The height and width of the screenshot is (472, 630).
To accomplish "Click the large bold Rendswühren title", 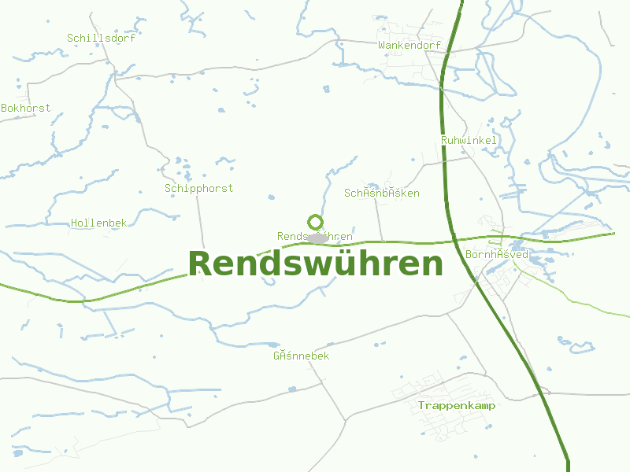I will [x=315, y=264].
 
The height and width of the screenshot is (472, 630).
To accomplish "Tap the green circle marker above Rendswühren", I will [x=315, y=222].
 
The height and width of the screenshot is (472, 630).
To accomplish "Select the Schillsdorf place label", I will [x=101, y=38].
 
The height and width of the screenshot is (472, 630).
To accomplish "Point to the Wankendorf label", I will [x=409, y=46].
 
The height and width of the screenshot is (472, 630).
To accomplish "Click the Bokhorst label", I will [x=25, y=108].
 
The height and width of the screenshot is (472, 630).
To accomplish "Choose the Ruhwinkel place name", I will [x=469, y=140].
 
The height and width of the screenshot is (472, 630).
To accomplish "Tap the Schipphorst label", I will [x=198, y=189].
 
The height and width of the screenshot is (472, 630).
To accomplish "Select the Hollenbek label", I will [x=98, y=223].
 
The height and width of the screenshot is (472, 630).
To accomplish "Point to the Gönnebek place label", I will [x=301, y=356].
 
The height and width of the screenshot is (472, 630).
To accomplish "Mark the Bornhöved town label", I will [x=496, y=255].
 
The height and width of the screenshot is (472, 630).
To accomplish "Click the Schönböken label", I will [x=381, y=194].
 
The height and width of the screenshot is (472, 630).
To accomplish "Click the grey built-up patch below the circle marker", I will [x=317, y=238].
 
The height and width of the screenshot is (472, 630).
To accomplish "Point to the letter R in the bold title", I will [x=200, y=264].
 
